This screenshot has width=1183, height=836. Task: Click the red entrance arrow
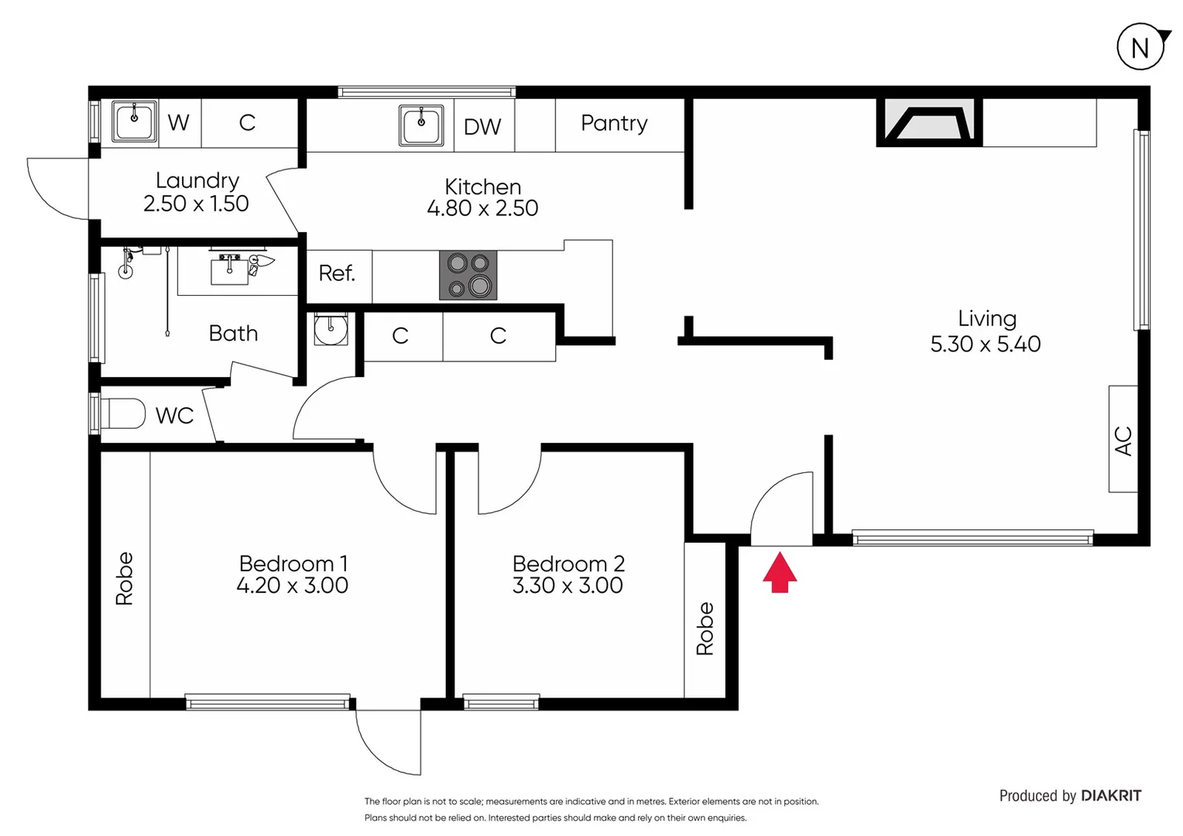(780, 572)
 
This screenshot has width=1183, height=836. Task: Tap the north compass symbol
(1140, 47)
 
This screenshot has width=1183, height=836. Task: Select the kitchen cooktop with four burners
(468, 275)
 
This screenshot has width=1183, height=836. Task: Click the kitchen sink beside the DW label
(421, 125)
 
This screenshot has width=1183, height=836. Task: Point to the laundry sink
(135, 122)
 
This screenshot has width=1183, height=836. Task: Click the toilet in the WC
(122, 414)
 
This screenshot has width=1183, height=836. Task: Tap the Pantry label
(614, 123)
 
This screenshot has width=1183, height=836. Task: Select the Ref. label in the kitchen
(337, 273)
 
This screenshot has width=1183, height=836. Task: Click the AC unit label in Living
(1123, 440)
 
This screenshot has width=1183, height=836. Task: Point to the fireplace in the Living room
(928, 123)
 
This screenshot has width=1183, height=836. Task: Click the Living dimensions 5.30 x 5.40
(985, 344)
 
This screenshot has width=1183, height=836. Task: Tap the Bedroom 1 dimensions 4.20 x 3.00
(292, 585)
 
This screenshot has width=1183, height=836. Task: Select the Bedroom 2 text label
(568, 564)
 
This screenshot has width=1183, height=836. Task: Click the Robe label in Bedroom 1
(125, 578)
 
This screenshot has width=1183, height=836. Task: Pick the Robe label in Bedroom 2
(705, 629)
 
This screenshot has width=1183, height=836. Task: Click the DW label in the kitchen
(482, 127)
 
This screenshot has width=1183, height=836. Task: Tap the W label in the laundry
(178, 122)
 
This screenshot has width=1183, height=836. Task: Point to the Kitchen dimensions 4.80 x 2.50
(482, 208)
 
